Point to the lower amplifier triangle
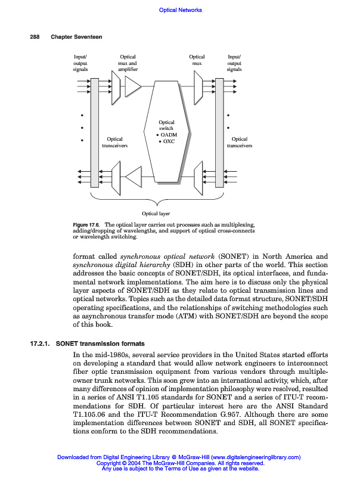(133, 176)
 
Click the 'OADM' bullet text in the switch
(169, 135)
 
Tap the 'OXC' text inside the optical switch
(167, 141)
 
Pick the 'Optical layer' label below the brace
(156, 213)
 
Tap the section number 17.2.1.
(40, 344)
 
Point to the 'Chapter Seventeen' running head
(76, 37)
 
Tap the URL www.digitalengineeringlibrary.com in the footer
(253, 457)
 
